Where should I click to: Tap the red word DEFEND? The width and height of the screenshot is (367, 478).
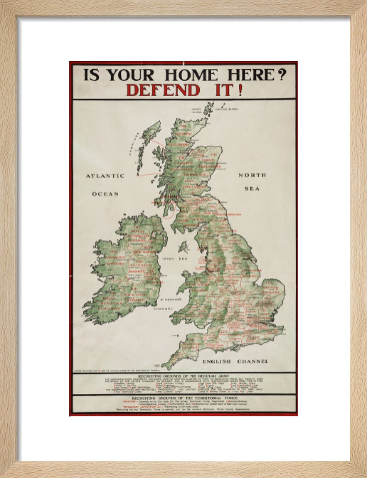(x=163, y=90)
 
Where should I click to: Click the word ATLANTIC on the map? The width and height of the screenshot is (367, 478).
(x=105, y=176)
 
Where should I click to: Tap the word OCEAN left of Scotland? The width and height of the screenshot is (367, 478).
(x=105, y=194)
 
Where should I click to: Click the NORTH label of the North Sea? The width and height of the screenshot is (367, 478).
(x=252, y=175)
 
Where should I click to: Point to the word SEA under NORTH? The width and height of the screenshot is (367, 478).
(x=252, y=188)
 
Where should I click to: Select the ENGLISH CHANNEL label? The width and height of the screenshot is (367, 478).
(x=235, y=361)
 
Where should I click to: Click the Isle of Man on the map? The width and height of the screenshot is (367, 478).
(x=183, y=247)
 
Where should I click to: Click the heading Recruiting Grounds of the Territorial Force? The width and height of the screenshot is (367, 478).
(x=183, y=398)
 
